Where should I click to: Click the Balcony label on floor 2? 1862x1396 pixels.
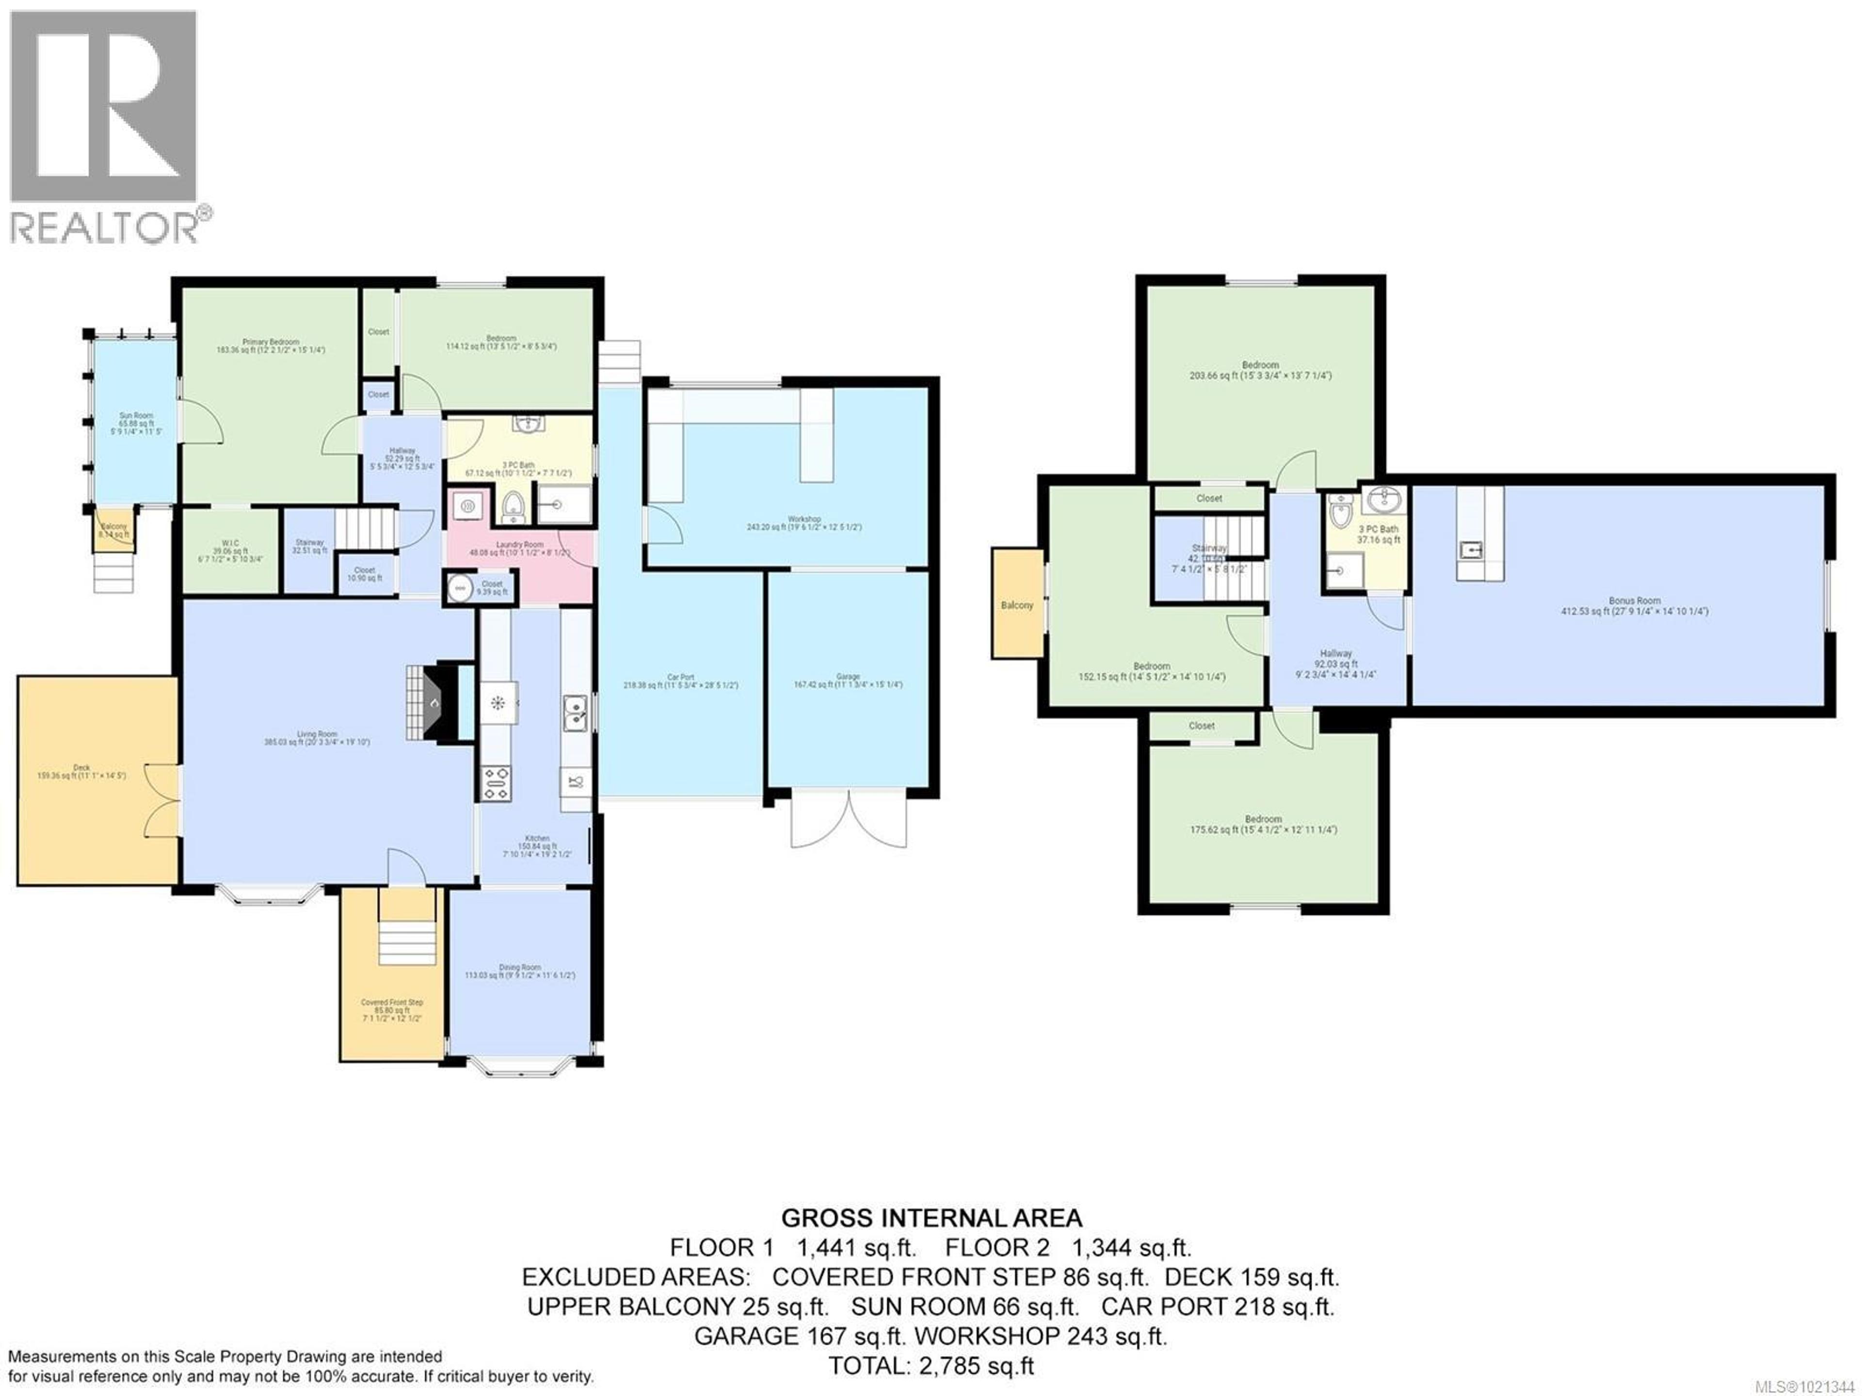1017,605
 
